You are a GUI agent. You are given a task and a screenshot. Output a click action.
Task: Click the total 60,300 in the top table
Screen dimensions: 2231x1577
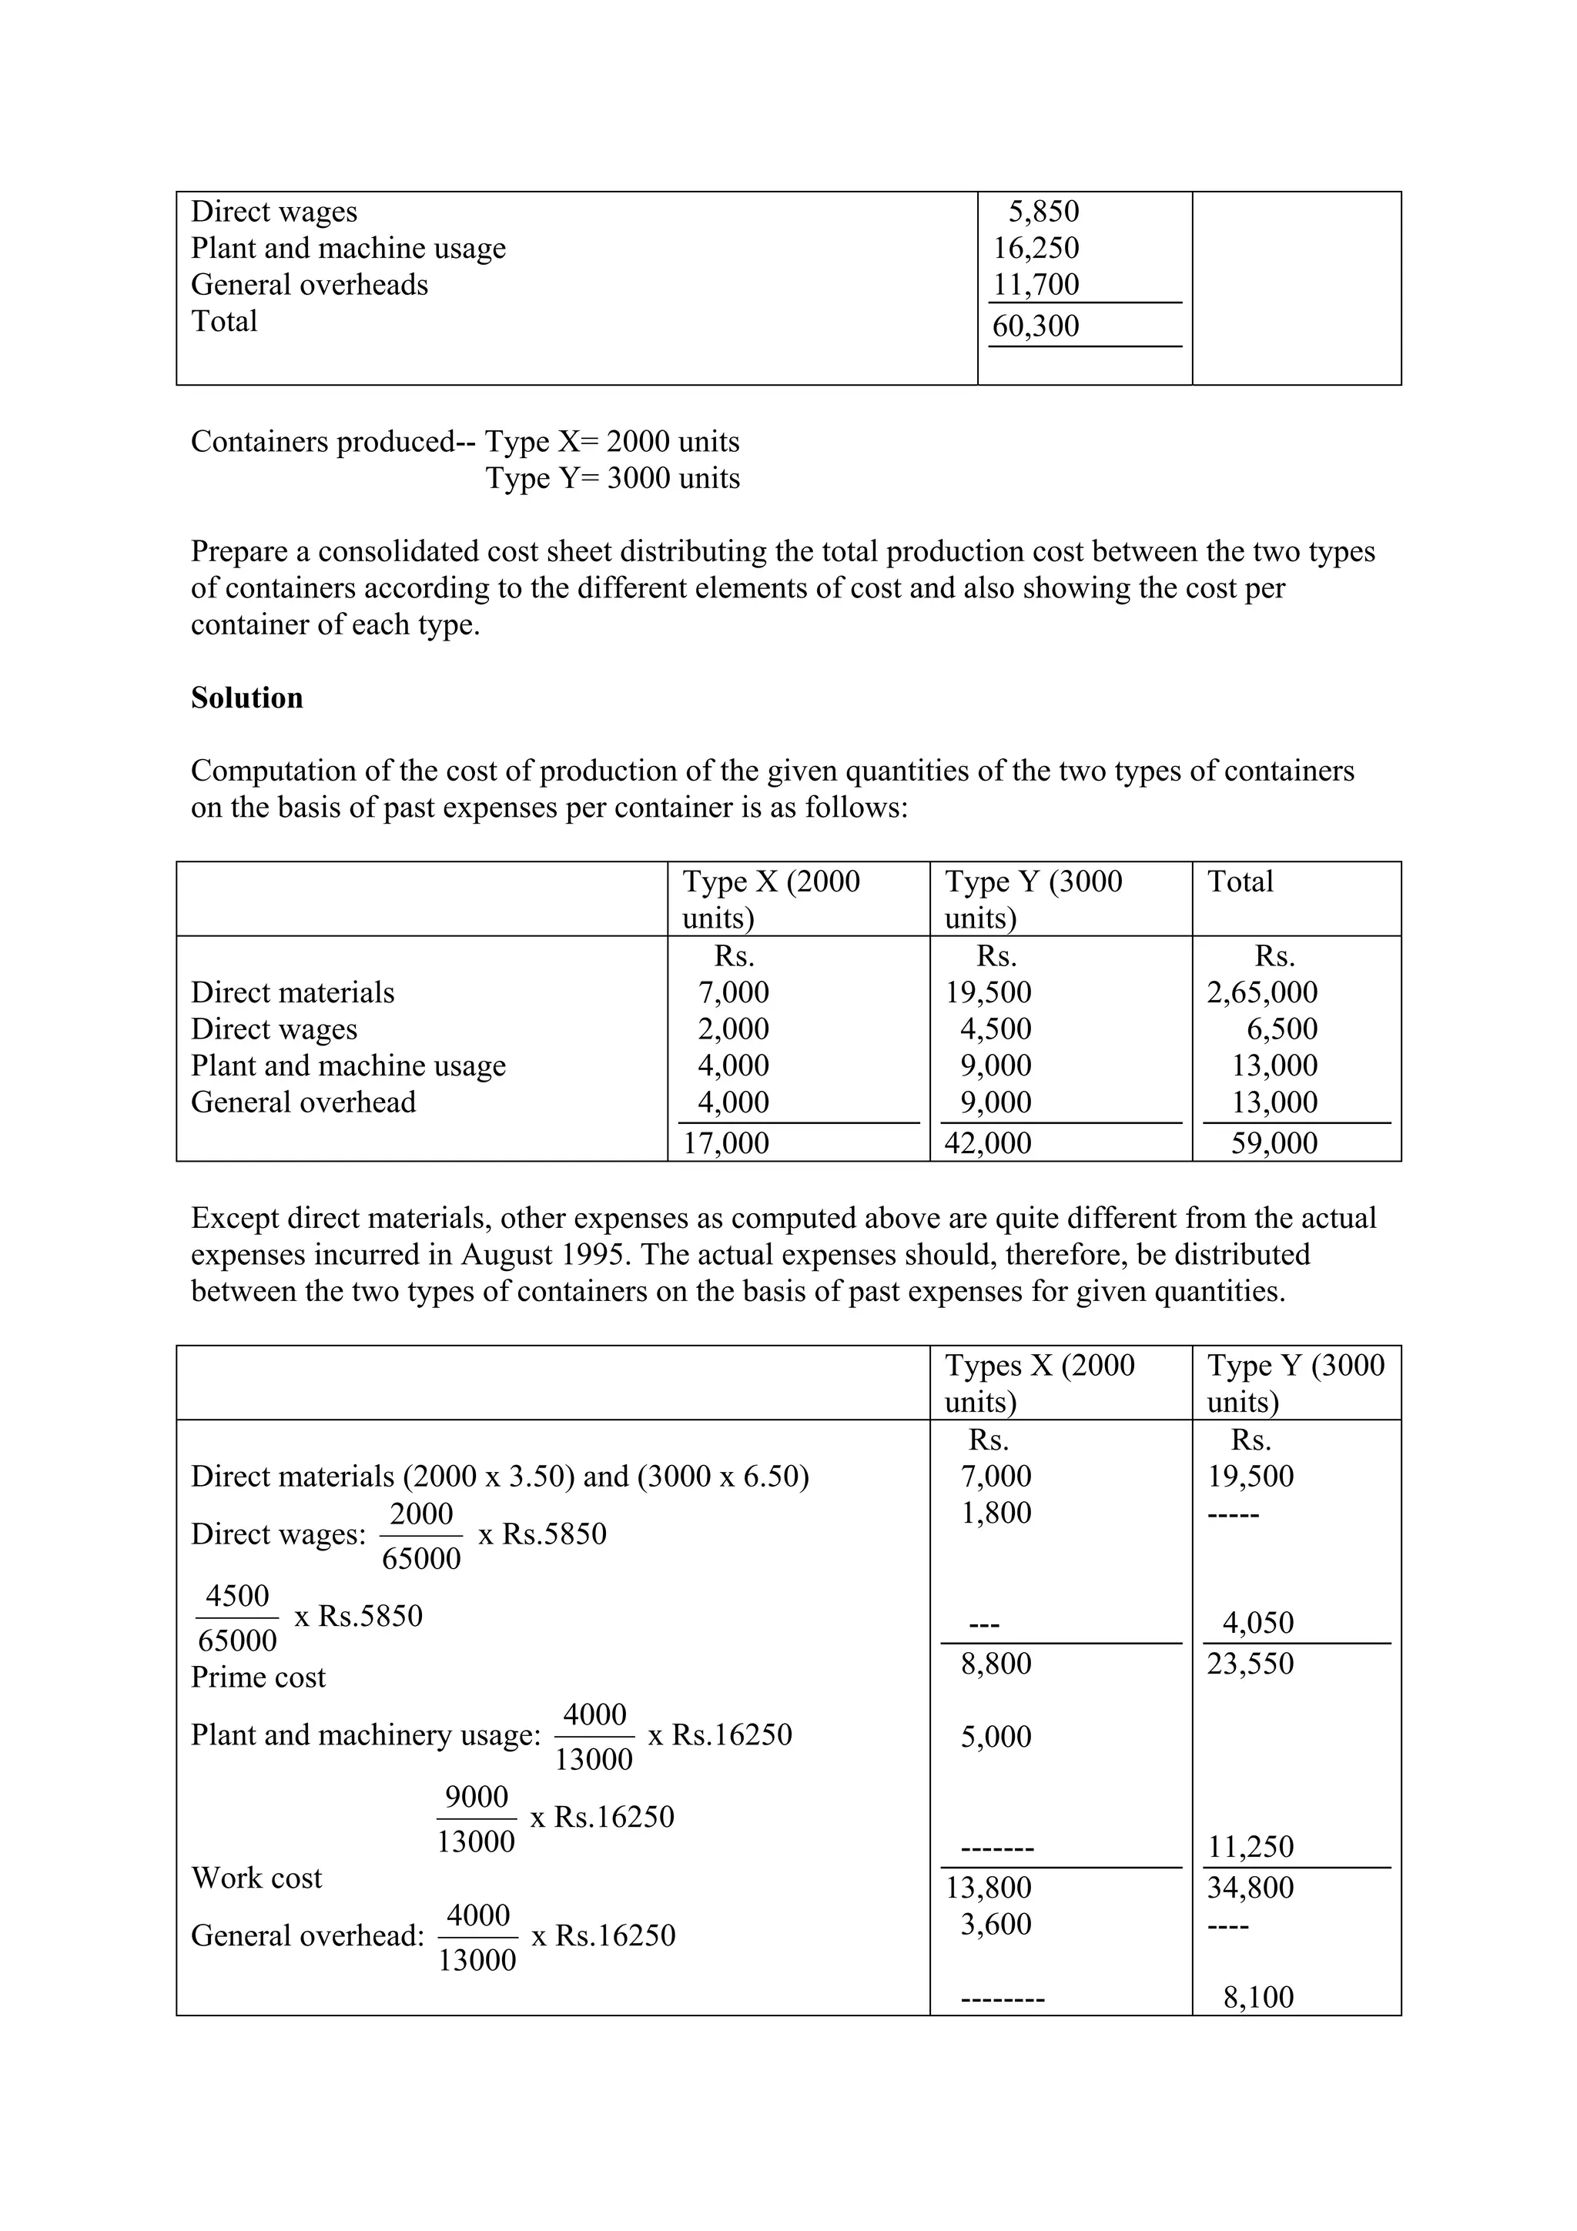(1035, 326)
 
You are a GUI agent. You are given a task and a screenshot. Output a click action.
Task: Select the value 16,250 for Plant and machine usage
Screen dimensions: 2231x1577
(1035, 248)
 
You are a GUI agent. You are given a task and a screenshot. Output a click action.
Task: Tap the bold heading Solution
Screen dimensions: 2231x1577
(247, 697)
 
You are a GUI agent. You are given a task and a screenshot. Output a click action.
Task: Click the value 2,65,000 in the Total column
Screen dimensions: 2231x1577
(1261, 992)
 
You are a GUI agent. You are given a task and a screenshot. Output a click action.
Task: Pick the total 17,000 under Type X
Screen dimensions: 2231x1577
(726, 1142)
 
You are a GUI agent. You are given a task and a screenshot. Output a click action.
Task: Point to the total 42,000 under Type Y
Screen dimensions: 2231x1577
(988, 1142)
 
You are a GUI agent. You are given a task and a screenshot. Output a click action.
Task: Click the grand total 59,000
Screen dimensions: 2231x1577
(1274, 1142)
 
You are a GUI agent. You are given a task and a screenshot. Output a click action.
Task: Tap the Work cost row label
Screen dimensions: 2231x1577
(256, 1878)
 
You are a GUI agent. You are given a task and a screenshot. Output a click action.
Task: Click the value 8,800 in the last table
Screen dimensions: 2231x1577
(996, 1664)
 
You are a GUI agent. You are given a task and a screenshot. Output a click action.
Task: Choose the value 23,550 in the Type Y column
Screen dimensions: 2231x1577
(1251, 1664)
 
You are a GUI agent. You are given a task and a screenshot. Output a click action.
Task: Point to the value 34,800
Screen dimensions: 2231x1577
(1251, 1887)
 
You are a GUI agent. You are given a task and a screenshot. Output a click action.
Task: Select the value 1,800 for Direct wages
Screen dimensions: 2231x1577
(996, 1513)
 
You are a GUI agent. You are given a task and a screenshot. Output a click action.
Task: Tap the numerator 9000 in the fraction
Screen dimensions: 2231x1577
(476, 1797)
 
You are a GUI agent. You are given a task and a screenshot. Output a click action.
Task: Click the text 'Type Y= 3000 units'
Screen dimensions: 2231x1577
(613, 478)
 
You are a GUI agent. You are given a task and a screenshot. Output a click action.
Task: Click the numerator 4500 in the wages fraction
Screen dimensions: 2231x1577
(237, 1596)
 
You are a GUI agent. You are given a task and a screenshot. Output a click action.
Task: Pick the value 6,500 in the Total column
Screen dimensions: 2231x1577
(1281, 1029)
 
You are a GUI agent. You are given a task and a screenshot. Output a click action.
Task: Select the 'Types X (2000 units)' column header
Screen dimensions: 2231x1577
(1039, 1383)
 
